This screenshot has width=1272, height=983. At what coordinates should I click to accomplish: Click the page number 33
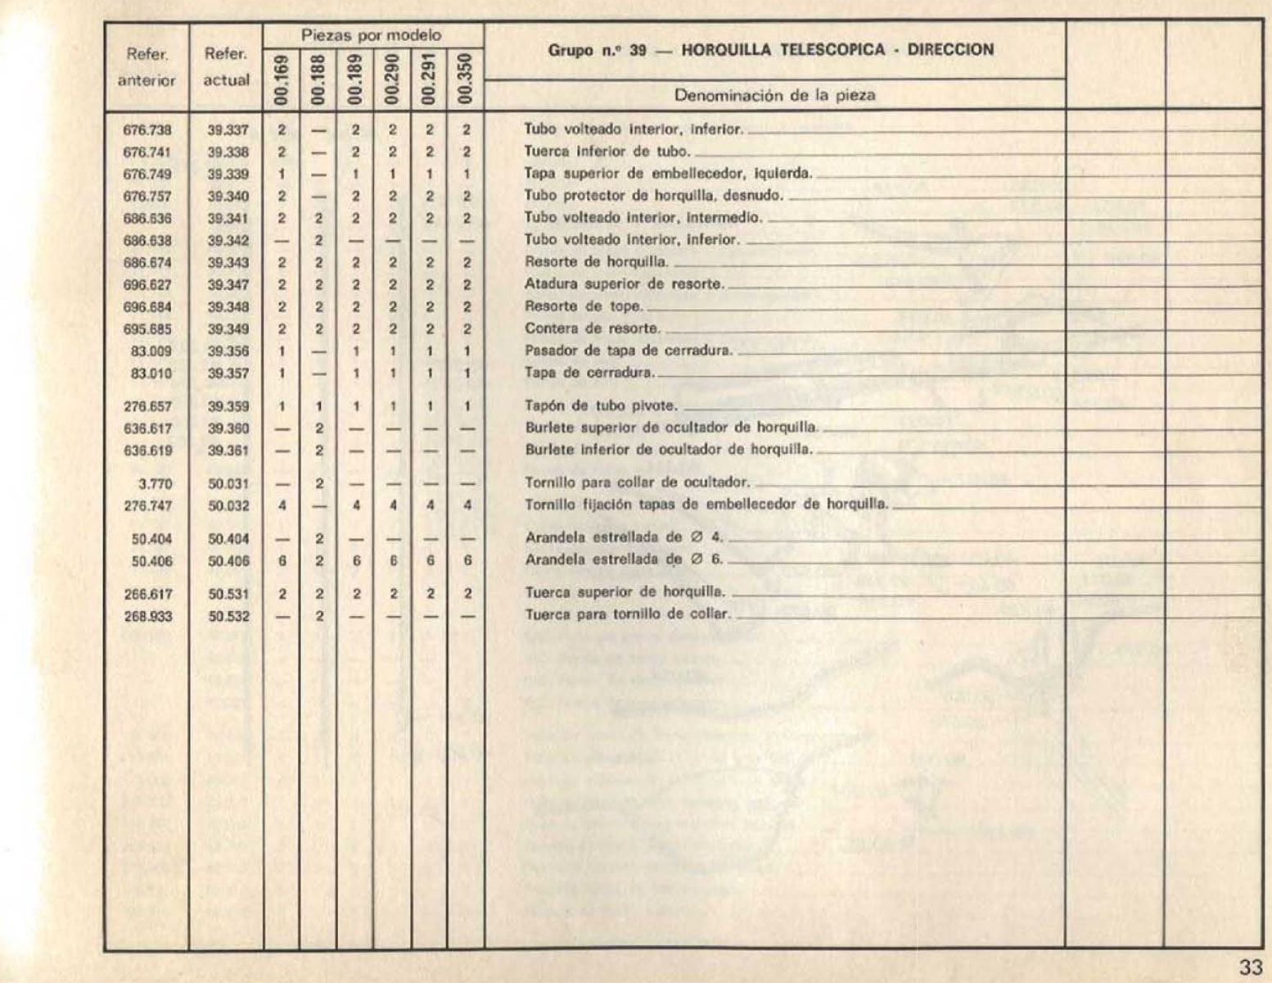click(1251, 967)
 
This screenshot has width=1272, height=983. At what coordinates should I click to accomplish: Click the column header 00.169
click(282, 79)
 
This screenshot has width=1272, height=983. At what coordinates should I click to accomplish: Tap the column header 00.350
click(467, 79)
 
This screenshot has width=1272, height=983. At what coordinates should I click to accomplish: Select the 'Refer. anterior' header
click(147, 67)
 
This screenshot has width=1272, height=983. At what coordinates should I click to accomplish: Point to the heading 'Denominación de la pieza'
click(774, 95)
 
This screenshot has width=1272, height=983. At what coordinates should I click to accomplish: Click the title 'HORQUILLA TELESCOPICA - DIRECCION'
click(837, 50)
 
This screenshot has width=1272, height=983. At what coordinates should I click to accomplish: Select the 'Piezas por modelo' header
click(372, 36)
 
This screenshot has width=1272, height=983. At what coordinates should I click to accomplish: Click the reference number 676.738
click(148, 129)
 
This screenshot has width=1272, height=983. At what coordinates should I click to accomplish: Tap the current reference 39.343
click(228, 263)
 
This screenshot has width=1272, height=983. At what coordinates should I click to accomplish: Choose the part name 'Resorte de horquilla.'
click(597, 262)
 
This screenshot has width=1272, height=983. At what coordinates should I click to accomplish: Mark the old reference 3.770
click(155, 483)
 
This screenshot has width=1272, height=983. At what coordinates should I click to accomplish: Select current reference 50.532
click(228, 616)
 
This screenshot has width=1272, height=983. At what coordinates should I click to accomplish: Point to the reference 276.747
click(148, 505)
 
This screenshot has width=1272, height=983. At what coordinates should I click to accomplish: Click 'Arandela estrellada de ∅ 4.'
click(624, 538)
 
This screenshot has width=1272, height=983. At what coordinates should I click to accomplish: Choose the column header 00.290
click(393, 79)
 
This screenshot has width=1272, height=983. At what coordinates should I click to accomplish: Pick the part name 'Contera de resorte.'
click(593, 328)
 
